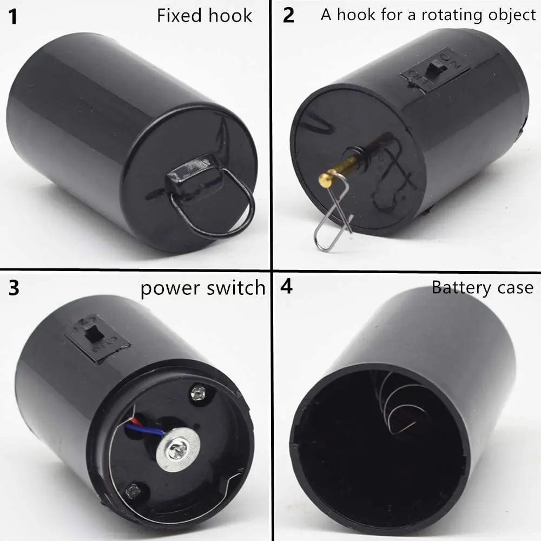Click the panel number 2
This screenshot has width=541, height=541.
(x=289, y=16)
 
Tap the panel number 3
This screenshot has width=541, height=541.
(x=14, y=288)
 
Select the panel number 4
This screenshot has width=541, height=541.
(x=286, y=287)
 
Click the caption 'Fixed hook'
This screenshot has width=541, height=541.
(x=204, y=16)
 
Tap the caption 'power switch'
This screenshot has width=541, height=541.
(x=203, y=288)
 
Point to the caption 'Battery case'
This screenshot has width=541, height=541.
(x=482, y=288)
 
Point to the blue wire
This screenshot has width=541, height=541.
(x=143, y=430)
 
